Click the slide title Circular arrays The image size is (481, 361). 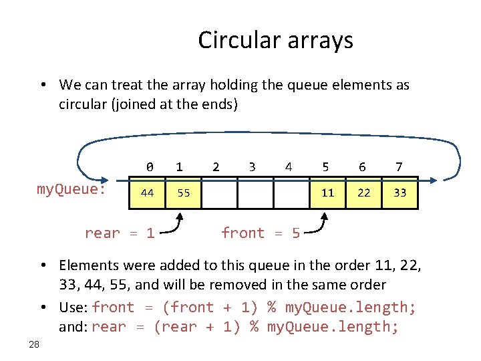(x=275, y=41)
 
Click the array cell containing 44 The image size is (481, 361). (x=148, y=193)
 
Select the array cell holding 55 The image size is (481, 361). (x=184, y=193)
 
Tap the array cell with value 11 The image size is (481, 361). (x=327, y=193)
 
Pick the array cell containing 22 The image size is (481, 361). (x=363, y=193)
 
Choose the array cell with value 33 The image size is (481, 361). (x=399, y=193)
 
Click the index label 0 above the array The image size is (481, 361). (x=150, y=166)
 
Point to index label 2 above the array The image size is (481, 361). (x=215, y=166)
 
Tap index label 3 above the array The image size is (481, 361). (x=251, y=166)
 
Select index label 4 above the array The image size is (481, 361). (x=288, y=166)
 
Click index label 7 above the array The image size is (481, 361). (x=399, y=166)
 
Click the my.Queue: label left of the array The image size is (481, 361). (x=71, y=190)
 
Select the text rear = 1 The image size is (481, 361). (x=120, y=233)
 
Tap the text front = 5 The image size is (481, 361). (x=260, y=233)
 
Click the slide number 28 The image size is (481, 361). (x=35, y=344)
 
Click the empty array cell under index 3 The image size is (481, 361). (x=255, y=193)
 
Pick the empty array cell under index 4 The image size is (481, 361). (x=291, y=193)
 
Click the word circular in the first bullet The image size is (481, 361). (x=82, y=105)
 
